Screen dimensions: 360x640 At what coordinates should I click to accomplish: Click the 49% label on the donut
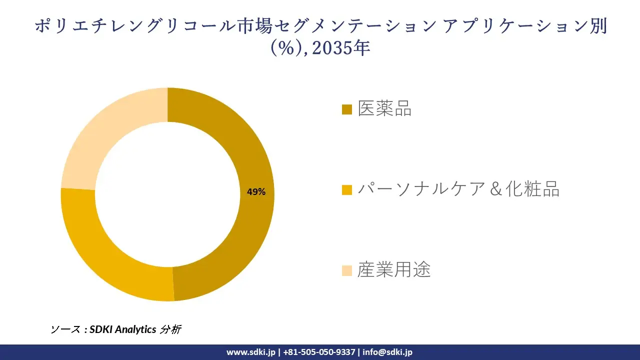[x=256, y=191]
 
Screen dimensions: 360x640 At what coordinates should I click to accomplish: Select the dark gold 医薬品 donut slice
[x=250, y=150]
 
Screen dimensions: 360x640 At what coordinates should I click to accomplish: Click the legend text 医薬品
[x=384, y=108]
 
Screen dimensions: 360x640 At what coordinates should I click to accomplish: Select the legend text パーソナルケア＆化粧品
[x=458, y=189]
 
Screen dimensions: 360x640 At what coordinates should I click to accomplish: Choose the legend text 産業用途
[x=394, y=270]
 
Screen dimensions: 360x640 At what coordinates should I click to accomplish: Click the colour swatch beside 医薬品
[x=347, y=109]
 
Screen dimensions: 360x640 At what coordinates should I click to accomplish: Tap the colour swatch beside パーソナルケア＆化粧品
[x=347, y=190]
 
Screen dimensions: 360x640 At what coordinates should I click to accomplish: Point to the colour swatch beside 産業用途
[x=347, y=270]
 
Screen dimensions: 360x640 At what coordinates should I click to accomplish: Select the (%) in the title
[x=286, y=48]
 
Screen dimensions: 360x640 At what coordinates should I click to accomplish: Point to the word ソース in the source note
[x=65, y=329]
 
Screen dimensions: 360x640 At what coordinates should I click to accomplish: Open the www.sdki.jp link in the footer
[x=251, y=352]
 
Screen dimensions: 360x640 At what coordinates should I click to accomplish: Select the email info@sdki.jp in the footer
[x=387, y=352]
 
